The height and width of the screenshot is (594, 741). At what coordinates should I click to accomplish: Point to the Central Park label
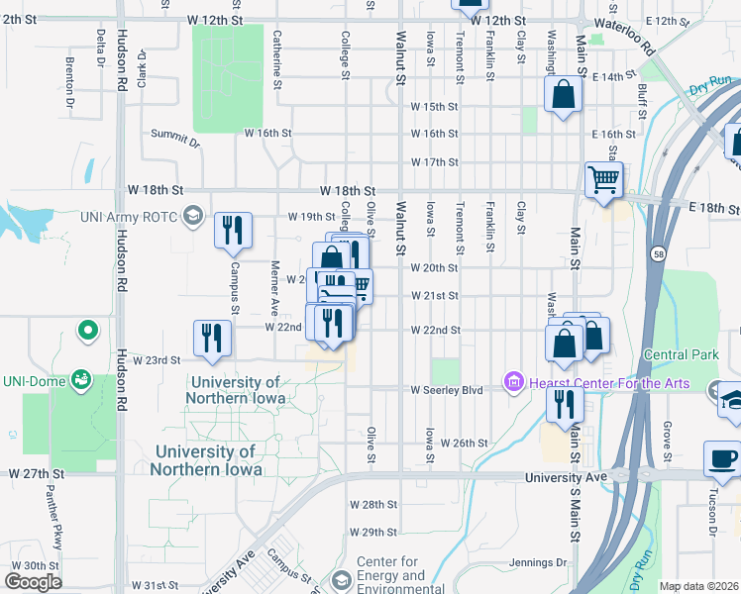tap(680, 354)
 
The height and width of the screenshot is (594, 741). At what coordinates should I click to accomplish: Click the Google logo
tap(33, 581)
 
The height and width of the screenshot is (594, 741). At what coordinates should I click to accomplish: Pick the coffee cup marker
tap(721, 458)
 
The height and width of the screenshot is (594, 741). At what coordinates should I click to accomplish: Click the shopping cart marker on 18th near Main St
tap(603, 180)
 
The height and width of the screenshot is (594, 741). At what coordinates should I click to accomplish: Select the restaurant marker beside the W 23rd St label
tap(211, 338)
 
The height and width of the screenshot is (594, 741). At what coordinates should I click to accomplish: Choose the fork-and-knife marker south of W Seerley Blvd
tap(565, 404)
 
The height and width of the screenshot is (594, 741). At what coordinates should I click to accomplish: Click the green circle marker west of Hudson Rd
tap(88, 330)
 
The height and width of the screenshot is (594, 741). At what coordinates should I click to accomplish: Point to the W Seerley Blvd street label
tap(447, 390)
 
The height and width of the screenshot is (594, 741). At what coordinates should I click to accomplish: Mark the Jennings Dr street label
tap(539, 563)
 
